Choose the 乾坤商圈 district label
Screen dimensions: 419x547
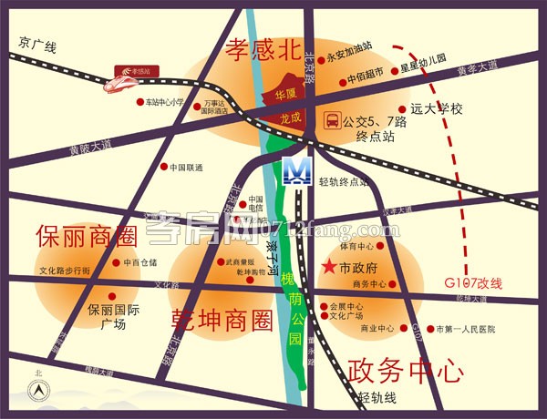222,320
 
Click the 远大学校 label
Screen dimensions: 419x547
437,109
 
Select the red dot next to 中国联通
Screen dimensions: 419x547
164,167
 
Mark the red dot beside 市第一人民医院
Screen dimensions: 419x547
429,328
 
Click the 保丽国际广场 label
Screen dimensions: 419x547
112,316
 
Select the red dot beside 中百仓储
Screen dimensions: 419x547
115,262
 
